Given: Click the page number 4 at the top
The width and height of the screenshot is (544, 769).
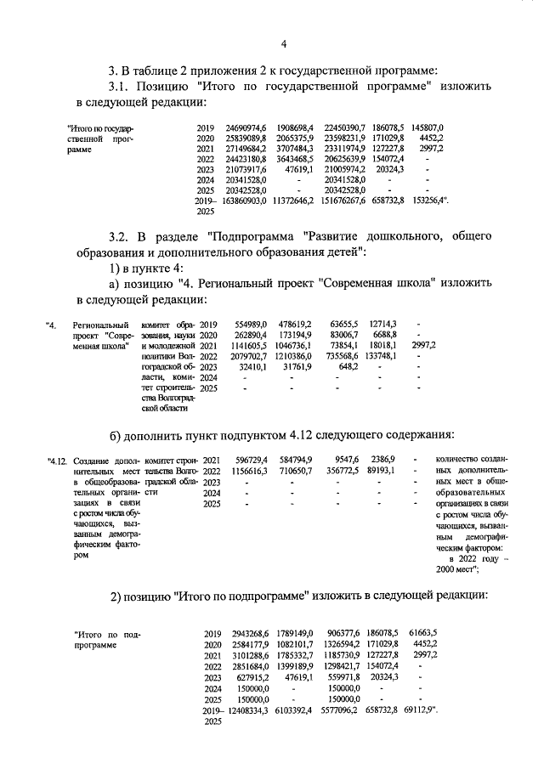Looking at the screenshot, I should (x=285, y=44).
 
